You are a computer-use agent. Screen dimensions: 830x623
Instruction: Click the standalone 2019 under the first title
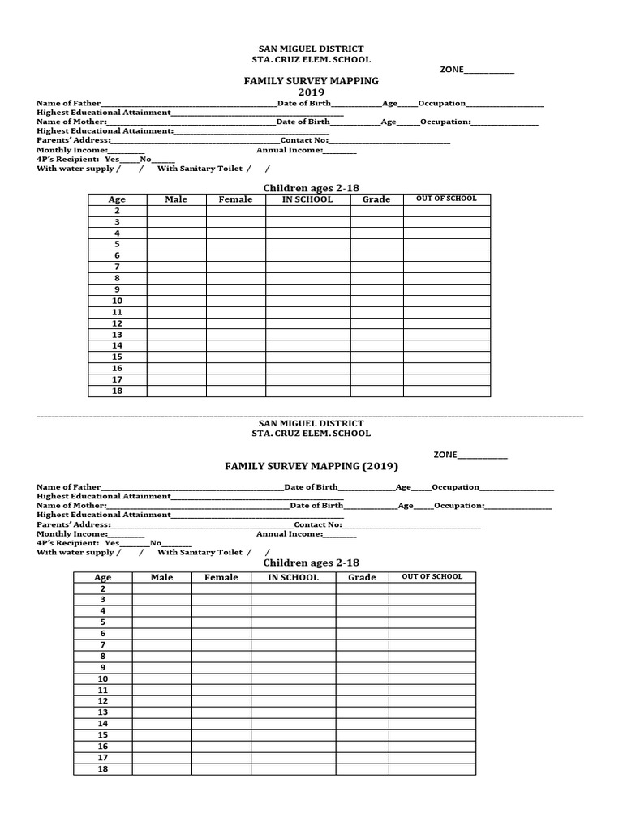(x=311, y=92)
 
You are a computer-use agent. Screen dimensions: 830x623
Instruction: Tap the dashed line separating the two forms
(x=311, y=415)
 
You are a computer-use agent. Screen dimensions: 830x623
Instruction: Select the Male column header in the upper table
(x=176, y=199)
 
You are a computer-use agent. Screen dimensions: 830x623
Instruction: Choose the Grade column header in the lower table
(x=362, y=577)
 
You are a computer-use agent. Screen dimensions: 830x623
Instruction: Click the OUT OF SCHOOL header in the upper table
(x=446, y=199)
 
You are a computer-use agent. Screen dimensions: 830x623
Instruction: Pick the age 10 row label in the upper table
(x=118, y=301)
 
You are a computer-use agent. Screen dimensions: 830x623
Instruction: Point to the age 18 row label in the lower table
(x=103, y=769)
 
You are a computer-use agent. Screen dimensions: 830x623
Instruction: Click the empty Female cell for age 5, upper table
(x=235, y=244)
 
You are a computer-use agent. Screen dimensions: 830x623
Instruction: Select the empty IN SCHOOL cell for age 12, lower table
(x=293, y=701)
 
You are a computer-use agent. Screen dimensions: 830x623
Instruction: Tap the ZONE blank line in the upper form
(x=489, y=71)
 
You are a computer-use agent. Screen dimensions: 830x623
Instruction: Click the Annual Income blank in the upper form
(x=340, y=151)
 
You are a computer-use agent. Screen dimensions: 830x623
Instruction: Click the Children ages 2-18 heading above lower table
(x=311, y=563)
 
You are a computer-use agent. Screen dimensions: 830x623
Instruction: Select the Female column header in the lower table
(x=221, y=577)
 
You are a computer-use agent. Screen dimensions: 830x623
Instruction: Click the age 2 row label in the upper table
(x=118, y=211)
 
